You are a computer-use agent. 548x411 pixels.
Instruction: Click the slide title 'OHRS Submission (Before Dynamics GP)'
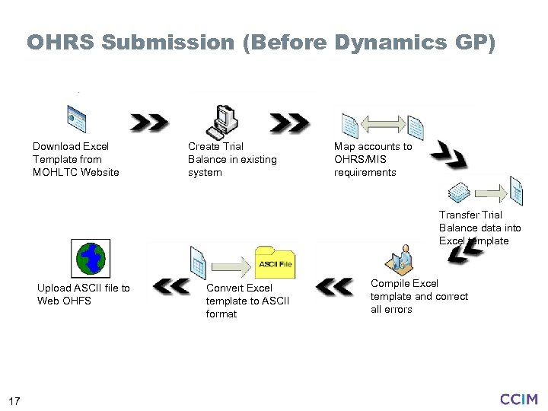click(x=261, y=42)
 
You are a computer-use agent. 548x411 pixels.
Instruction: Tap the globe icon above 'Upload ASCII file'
click(x=90, y=257)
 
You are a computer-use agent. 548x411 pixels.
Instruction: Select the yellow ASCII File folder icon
click(x=275, y=262)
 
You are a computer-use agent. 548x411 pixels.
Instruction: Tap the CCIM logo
click(x=518, y=398)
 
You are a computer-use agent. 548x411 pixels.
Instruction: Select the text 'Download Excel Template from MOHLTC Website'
click(x=75, y=159)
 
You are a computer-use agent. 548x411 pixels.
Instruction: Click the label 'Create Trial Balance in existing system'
click(x=232, y=159)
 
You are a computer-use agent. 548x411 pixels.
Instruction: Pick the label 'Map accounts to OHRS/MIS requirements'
click(x=373, y=159)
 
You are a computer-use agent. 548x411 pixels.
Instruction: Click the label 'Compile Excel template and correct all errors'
click(x=419, y=296)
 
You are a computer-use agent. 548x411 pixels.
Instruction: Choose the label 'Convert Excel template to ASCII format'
click(x=247, y=301)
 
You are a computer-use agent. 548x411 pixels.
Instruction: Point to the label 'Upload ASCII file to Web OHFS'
click(x=83, y=294)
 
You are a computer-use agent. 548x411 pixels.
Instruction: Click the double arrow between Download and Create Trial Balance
click(x=149, y=122)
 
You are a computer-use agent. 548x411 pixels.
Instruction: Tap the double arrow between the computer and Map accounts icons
click(x=290, y=122)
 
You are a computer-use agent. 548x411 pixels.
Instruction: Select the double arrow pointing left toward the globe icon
click(x=170, y=286)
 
